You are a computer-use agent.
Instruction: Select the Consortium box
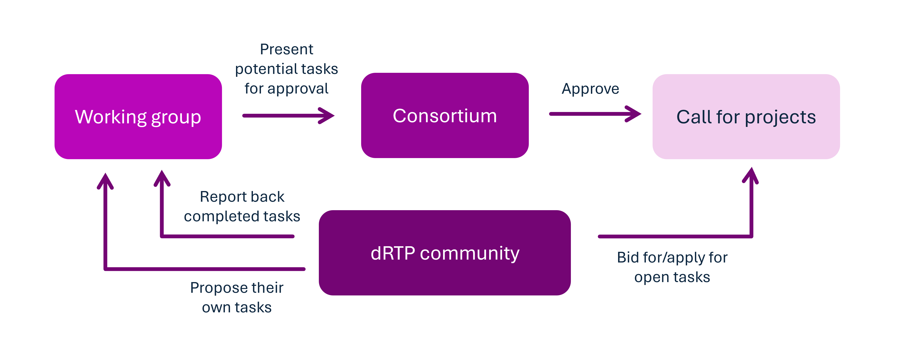coord(445,115)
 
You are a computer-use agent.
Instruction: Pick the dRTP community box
coord(445,253)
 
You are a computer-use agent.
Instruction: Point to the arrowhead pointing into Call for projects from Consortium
coord(634,114)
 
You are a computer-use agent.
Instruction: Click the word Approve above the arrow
coord(590,89)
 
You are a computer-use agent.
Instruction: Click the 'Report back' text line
coord(242,197)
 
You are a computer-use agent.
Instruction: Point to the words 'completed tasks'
coord(242,216)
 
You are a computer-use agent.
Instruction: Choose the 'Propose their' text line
coord(237,288)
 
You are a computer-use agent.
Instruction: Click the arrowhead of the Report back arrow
coord(162,178)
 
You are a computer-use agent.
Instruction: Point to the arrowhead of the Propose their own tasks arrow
coord(105,181)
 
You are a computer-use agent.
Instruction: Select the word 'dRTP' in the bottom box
coord(393,253)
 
